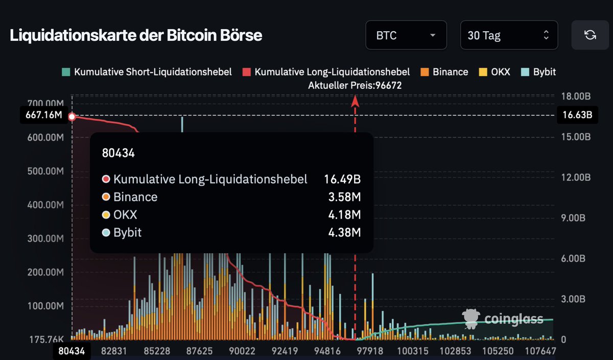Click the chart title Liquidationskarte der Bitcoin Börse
coord(136,36)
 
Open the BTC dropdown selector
coord(406,35)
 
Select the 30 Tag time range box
coord(509,35)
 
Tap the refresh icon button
coord(590,35)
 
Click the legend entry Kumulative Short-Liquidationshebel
coord(147,72)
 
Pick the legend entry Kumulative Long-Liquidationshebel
coord(326,72)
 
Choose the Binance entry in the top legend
coord(444,72)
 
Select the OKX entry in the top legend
coord(494,72)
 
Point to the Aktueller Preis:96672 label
coord(355,85)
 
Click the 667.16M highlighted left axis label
coord(44,115)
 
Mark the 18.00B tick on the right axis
coord(575,97)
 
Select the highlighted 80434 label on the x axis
coord(72,351)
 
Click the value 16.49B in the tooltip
coord(342,179)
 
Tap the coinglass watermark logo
coord(503,319)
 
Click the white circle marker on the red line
coord(72,116)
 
